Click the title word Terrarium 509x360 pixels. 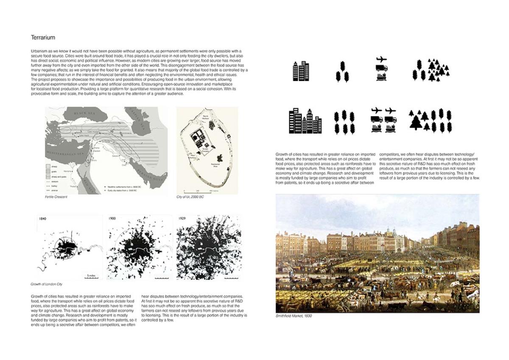[x=43, y=38]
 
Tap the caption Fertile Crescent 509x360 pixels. [x=56, y=197]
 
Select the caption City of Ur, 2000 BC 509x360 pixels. [x=190, y=197]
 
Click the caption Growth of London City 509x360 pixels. [x=46, y=284]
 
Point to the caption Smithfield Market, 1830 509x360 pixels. [x=294, y=316]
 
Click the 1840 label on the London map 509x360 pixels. [x=42, y=219]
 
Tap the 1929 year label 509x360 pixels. [x=182, y=219]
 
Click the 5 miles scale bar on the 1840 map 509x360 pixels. [x=91, y=277]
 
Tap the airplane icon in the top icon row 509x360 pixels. [x=381, y=59]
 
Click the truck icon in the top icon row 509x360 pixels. [x=381, y=68]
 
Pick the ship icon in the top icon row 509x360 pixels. [x=381, y=77]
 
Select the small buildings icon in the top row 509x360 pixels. [x=301, y=71]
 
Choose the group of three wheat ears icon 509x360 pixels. [x=342, y=71]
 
